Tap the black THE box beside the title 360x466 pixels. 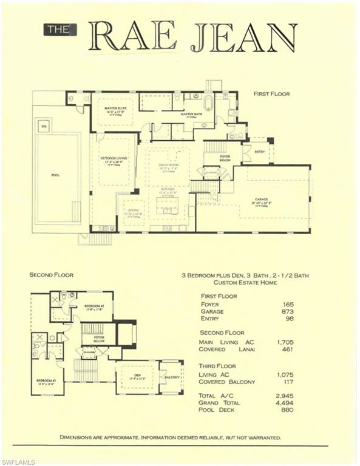59,29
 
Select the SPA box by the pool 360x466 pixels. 43,126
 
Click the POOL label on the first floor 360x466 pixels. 55,175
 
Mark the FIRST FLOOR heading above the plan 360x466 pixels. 271,94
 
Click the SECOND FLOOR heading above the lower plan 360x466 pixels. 52,275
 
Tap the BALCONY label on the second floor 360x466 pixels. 172,377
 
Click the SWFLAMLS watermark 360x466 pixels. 19,461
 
